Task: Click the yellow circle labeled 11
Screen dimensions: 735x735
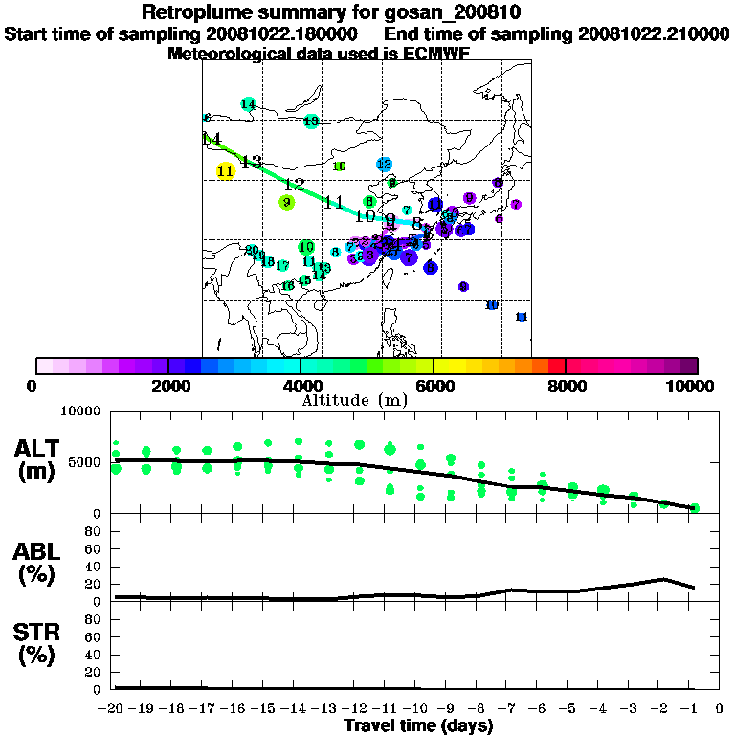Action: [226, 171]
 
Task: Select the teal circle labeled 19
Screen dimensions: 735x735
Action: [311, 122]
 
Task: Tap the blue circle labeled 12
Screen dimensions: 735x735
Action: [385, 165]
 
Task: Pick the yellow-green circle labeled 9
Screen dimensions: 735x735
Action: [286, 202]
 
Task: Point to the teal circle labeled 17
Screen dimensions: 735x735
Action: [282, 266]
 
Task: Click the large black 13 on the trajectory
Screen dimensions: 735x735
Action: [251, 162]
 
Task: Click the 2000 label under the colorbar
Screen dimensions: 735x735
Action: [167, 386]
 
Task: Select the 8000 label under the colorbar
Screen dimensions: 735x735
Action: [566, 386]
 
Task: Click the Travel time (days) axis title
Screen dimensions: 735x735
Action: [418, 725]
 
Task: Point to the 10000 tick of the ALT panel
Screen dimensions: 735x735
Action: [80, 412]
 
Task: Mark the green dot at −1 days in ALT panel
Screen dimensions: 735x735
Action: [696, 508]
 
